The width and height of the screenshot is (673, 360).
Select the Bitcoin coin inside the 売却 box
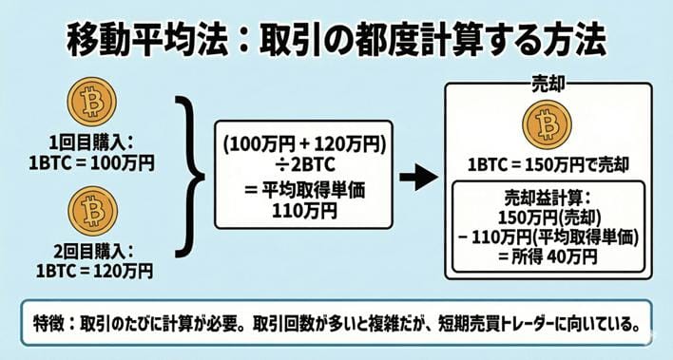point(547,123)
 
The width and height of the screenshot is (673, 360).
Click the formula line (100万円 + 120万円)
point(303,144)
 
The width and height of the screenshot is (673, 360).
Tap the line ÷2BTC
point(303,165)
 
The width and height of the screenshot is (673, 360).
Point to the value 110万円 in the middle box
point(303,207)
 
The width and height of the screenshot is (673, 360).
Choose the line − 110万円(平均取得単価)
point(547,235)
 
